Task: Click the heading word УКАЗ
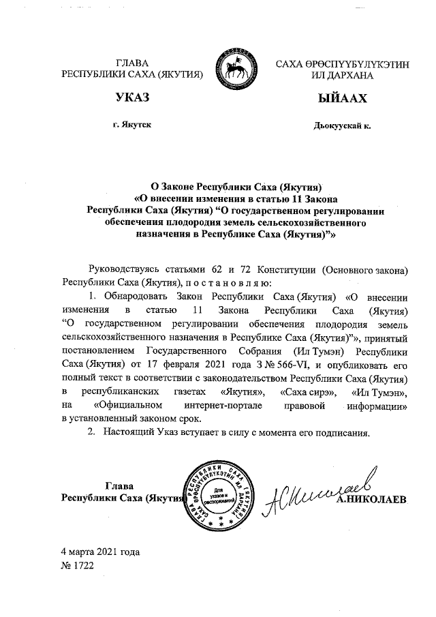click(132, 100)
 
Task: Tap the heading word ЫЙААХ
click(342, 100)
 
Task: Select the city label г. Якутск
click(133, 126)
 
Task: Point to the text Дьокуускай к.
click(342, 126)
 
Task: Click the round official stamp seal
click(219, 495)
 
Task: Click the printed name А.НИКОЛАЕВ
click(371, 500)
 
